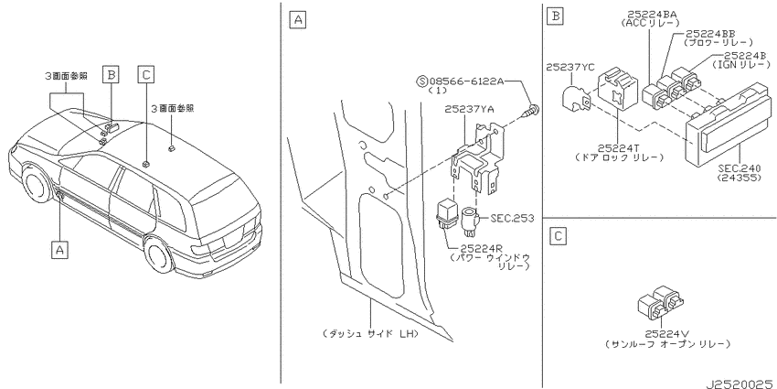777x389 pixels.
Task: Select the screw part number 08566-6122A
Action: [466, 81]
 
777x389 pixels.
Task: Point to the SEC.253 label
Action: [512, 219]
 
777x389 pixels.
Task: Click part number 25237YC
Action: [570, 67]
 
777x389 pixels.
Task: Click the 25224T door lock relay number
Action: [619, 148]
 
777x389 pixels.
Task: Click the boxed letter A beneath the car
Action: [59, 250]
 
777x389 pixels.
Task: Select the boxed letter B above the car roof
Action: [111, 74]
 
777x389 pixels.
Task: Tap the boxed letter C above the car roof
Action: [145, 74]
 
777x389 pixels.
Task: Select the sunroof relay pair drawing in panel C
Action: [660, 302]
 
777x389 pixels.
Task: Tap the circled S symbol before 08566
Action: [422, 81]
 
